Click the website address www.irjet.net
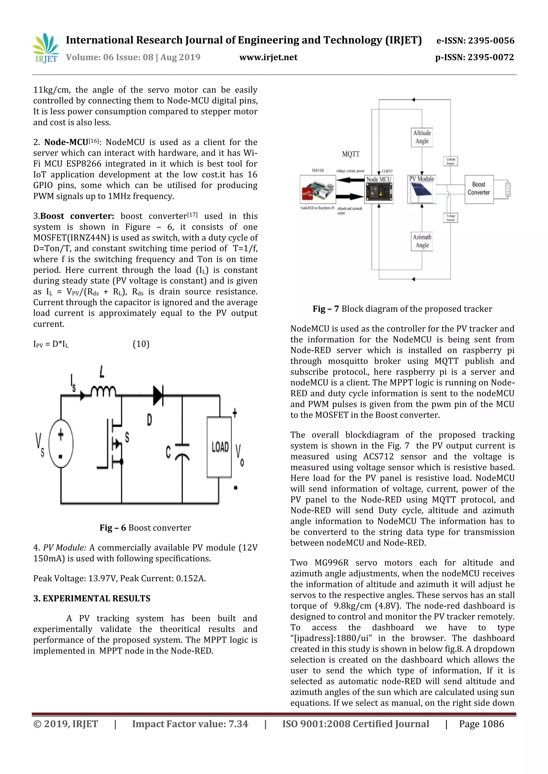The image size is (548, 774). (268, 57)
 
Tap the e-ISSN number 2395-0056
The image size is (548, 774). (491, 41)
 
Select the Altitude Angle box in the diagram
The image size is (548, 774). (422, 137)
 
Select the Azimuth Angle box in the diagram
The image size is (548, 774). (422, 241)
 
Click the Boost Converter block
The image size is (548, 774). (478, 189)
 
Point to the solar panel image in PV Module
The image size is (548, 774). (421, 192)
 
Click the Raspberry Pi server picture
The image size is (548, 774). (318, 189)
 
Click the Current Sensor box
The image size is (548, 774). (451, 161)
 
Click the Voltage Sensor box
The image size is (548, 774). (451, 218)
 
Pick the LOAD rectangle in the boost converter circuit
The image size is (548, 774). (219, 447)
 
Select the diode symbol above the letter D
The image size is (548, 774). (158, 395)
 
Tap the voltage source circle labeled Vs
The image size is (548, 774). (61, 443)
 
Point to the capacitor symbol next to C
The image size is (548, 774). (182, 452)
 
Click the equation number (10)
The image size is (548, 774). (141, 344)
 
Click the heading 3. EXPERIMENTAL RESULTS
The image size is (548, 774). (92, 598)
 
